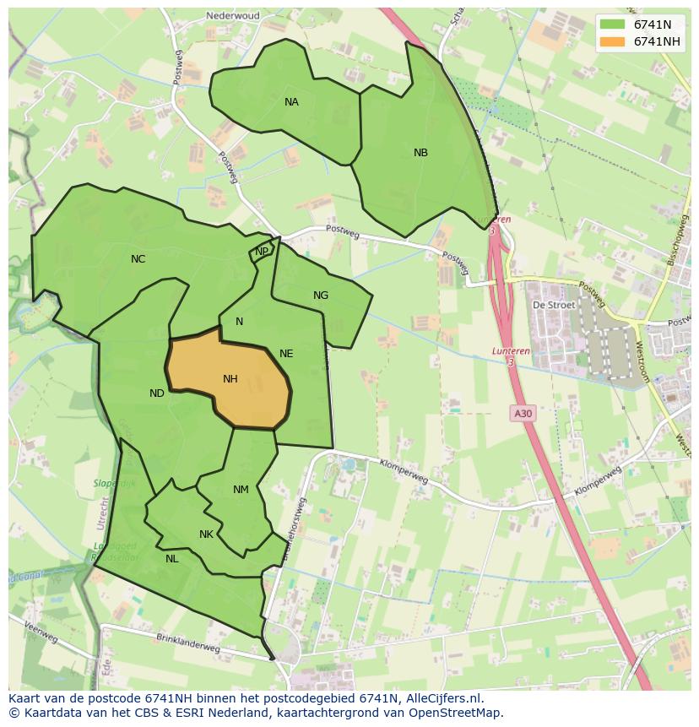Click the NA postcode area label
coord(291,102)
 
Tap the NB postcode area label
coord(420,153)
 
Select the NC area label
coord(138,259)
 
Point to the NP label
coord(262,251)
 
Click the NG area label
coord(321,296)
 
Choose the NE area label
coord(286,354)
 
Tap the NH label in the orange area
coord(230,379)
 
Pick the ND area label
coord(157,393)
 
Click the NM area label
coord(241,490)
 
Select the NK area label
coord(206,534)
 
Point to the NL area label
coord(171,558)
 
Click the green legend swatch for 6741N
coord(612,24)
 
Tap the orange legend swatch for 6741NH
coord(612,41)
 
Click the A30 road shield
coord(523,413)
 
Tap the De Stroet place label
coord(553,305)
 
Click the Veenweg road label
coord(40,633)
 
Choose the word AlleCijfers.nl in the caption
coord(442,698)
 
